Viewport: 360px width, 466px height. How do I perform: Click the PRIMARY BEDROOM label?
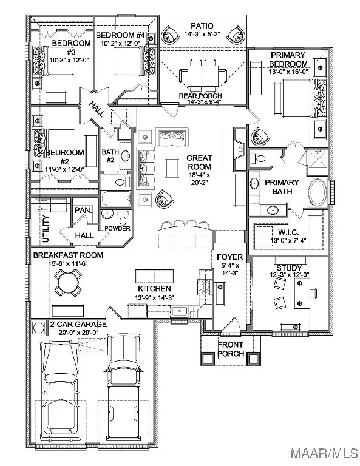290,60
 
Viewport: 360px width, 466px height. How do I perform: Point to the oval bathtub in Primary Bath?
319,194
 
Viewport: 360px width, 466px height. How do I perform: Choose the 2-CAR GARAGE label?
78,325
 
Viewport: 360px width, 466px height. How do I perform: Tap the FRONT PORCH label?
231,349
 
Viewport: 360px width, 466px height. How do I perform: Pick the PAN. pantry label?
83,210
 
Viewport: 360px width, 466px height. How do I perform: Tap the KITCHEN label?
154,288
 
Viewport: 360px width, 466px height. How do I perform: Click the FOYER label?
229,257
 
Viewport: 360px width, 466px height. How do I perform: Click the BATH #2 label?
110,156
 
